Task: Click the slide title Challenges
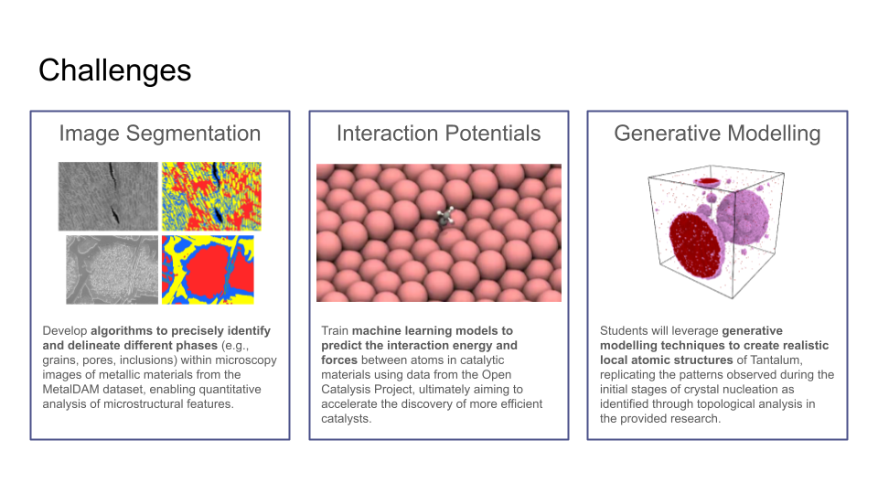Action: pyautogui.click(x=115, y=71)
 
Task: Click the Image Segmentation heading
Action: pyautogui.click(x=160, y=134)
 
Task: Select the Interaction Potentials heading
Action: pyautogui.click(x=438, y=134)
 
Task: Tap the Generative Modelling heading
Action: pyautogui.click(x=717, y=134)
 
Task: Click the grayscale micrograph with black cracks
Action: pyautogui.click(x=108, y=196)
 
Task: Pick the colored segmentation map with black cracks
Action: pyautogui.click(x=211, y=196)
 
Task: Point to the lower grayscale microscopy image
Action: pyautogui.click(x=112, y=269)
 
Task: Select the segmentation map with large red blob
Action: pyautogui.click(x=208, y=269)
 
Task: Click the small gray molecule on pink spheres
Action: pyautogui.click(x=445, y=216)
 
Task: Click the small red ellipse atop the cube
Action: pyautogui.click(x=708, y=181)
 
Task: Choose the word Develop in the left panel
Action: pyautogui.click(x=65, y=331)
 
